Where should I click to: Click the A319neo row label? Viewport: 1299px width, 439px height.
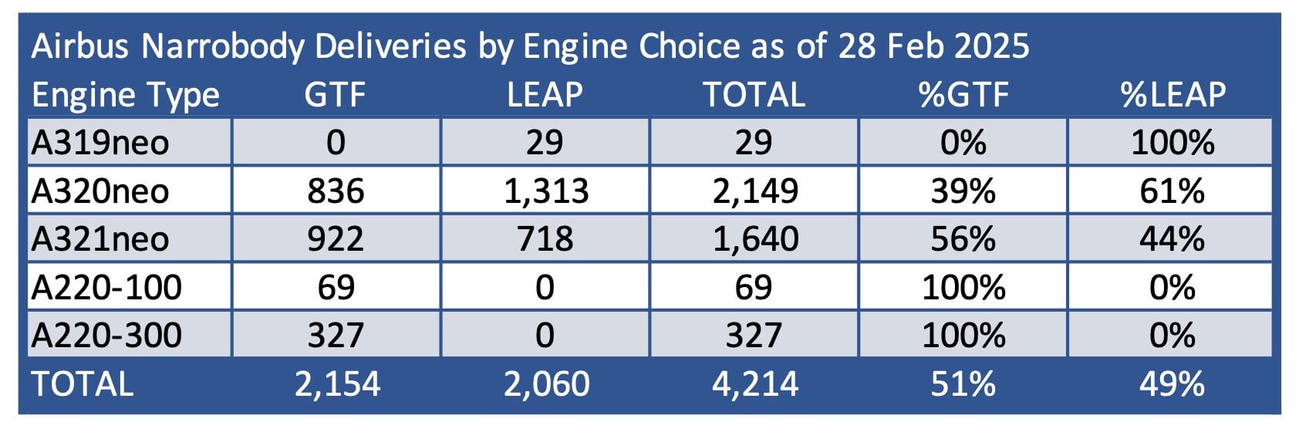100,143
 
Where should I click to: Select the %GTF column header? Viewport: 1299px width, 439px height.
963,95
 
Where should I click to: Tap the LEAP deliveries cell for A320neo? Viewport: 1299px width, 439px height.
545,191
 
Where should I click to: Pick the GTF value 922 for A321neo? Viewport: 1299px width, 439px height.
336,239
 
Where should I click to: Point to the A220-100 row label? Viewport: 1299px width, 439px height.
106,287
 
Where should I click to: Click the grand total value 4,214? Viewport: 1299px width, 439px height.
754,384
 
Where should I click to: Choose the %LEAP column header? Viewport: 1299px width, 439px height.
1172,95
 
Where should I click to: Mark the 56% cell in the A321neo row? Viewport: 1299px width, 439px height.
963,239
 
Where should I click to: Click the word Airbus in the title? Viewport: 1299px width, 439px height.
80,47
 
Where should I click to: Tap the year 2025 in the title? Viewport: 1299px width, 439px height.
990,47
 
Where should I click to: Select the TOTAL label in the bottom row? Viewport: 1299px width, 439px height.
82,384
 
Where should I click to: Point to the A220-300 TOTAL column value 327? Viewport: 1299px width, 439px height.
754,336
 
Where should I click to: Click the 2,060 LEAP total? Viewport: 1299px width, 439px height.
546,384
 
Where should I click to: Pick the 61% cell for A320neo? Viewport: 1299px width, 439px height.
1172,191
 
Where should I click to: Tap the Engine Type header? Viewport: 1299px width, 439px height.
126,95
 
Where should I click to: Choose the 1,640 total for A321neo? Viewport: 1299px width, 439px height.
755,239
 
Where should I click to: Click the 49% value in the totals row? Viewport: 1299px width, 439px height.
1172,384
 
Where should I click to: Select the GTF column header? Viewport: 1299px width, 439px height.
335,95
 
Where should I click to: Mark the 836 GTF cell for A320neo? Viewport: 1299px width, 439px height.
336,191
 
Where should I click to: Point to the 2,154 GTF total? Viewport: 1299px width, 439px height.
337,384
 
